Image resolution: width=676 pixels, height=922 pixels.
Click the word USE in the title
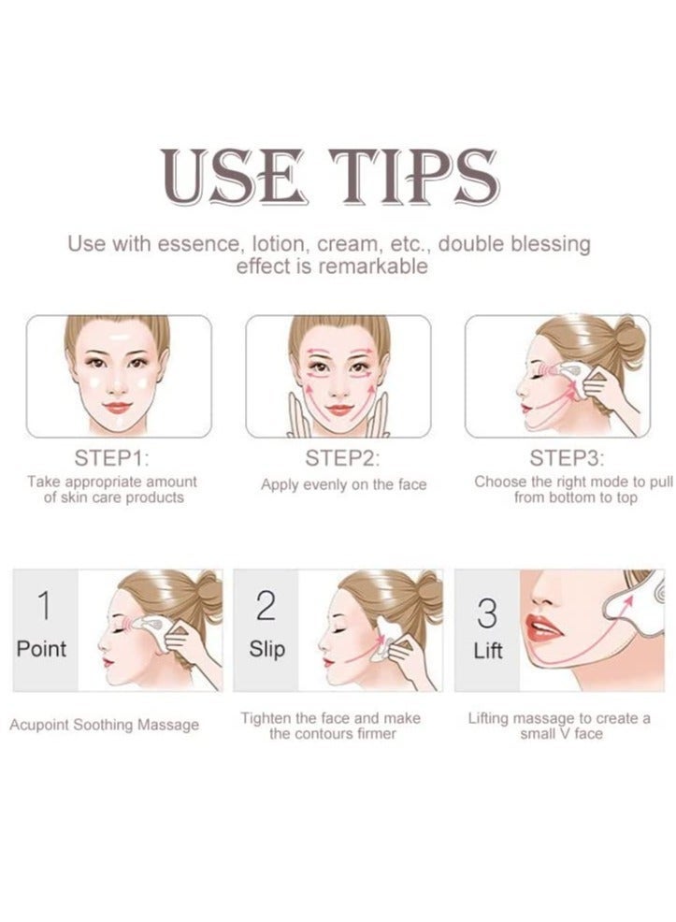pos(235,177)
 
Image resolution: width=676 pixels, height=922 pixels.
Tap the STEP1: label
pos(111,458)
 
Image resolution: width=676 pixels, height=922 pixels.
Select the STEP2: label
pos(342,458)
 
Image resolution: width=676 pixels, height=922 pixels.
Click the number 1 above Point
pos(44,606)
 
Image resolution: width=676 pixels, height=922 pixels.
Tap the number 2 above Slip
pos(266,606)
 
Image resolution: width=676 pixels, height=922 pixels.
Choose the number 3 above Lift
pos(487,612)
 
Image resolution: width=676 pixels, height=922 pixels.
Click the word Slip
pos(266,649)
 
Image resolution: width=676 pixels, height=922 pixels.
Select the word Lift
pos(488,651)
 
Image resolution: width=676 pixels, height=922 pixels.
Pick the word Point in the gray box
pos(41,649)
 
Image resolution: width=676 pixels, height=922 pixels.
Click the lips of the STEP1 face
pos(118,408)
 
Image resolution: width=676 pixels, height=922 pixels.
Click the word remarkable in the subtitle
pos(372,267)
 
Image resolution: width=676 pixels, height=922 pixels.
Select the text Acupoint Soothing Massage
pos(104,725)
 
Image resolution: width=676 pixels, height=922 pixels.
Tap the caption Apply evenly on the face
pos(343,485)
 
